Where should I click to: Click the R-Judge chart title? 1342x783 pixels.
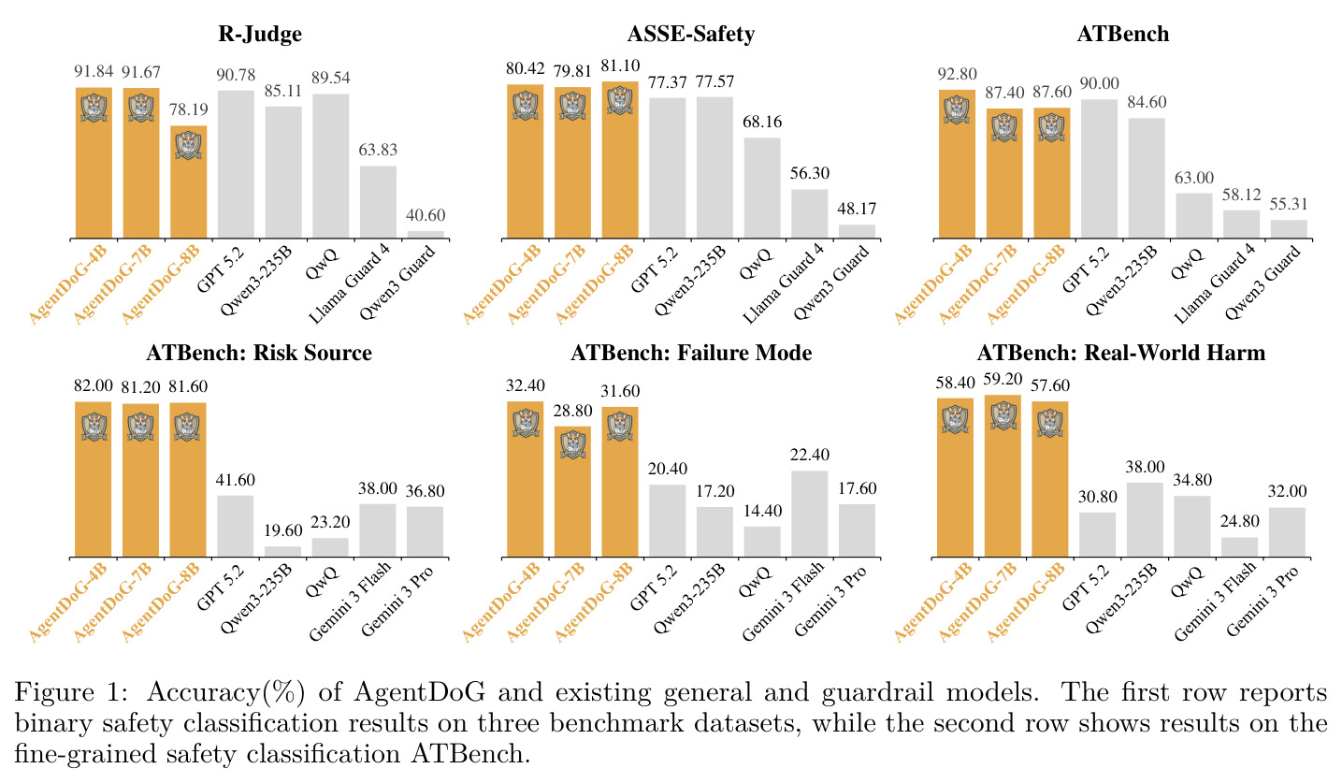pyautogui.click(x=259, y=35)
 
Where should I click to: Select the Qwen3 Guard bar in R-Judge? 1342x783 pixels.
pyautogui.click(x=426, y=235)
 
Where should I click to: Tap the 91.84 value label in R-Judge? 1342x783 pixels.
pyautogui.click(x=94, y=71)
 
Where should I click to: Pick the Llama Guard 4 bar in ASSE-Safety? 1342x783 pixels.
pyautogui.click(x=809, y=214)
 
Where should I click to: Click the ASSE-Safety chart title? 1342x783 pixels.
pyautogui.click(x=691, y=35)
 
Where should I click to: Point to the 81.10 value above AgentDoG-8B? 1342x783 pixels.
pyautogui.click(x=620, y=65)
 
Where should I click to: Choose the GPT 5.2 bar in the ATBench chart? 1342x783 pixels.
pyautogui.click(x=1100, y=169)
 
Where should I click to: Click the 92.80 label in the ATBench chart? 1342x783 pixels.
pyautogui.click(x=957, y=74)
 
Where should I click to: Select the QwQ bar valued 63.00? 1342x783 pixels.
pyautogui.click(x=1194, y=216)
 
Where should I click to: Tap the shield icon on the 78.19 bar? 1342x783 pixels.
pyautogui.click(x=189, y=145)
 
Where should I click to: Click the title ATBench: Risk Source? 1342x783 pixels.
pyautogui.click(x=259, y=353)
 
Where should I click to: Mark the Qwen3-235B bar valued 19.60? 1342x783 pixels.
pyautogui.click(x=282, y=552)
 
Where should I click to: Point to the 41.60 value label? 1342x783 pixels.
pyautogui.click(x=236, y=480)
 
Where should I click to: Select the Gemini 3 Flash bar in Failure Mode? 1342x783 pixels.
pyautogui.click(x=809, y=514)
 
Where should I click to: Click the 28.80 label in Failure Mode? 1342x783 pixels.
pyautogui.click(x=572, y=411)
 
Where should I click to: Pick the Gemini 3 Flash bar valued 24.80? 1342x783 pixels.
pyautogui.click(x=1239, y=547)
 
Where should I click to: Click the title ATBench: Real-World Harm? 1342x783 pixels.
pyautogui.click(x=1121, y=353)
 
